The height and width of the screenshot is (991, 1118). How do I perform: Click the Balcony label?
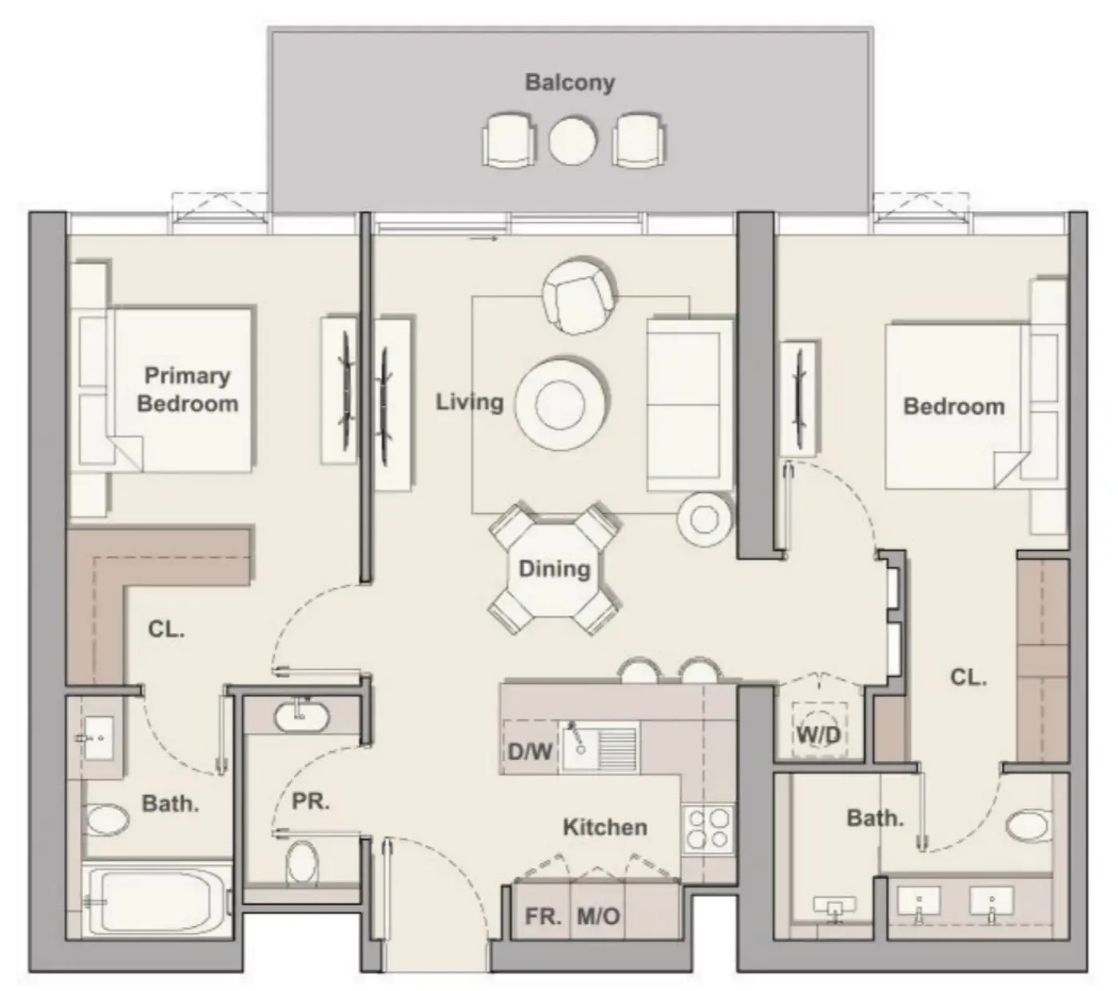tap(569, 82)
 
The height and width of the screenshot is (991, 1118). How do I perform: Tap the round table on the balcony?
tap(573, 141)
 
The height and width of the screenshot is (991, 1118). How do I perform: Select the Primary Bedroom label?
tap(187, 389)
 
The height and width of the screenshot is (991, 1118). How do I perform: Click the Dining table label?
tap(554, 569)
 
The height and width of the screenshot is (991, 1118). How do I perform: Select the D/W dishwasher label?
tap(529, 751)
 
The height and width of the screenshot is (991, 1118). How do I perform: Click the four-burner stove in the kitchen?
tap(708, 829)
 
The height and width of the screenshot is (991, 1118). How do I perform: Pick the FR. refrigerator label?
tap(543, 916)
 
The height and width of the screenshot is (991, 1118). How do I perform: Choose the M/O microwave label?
tap(599, 916)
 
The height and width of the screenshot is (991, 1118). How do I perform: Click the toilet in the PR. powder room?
tap(302, 863)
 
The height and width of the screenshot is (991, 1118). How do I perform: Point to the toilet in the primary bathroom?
tap(107, 820)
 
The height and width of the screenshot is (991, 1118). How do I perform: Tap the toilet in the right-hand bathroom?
tap(1029, 826)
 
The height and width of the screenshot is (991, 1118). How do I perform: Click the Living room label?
tap(469, 401)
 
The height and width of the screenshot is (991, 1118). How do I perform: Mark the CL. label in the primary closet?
tap(165, 629)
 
